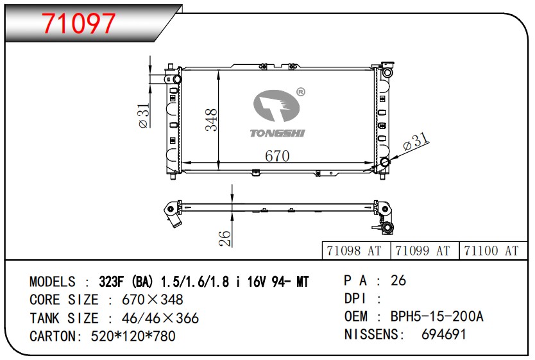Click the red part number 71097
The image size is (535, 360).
(x=79, y=23)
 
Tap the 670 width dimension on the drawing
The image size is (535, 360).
(x=277, y=156)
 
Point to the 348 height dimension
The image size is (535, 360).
(x=211, y=120)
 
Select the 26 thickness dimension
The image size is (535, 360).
(x=225, y=238)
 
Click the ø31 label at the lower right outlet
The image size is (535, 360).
(x=416, y=142)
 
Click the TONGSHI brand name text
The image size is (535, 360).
(x=277, y=133)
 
